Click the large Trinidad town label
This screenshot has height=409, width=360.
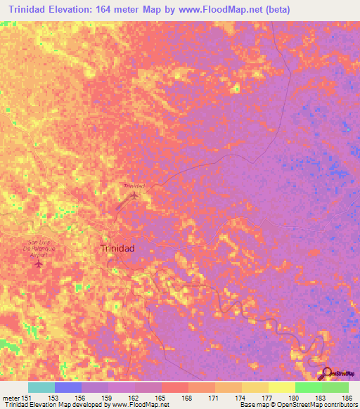click(x=117, y=249)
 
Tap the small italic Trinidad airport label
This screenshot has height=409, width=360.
click(x=134, y=186)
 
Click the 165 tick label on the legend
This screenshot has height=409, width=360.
click(x=161, y=398)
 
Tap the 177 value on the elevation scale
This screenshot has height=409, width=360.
click(x=268, y=398)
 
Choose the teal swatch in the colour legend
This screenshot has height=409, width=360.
click(x=41, y=387)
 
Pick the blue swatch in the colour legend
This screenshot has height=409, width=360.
click(x=67, y=387)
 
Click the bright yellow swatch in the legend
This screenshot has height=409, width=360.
click(x=281, y=387)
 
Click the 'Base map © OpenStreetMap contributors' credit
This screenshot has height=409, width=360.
click(x=297, y=405)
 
